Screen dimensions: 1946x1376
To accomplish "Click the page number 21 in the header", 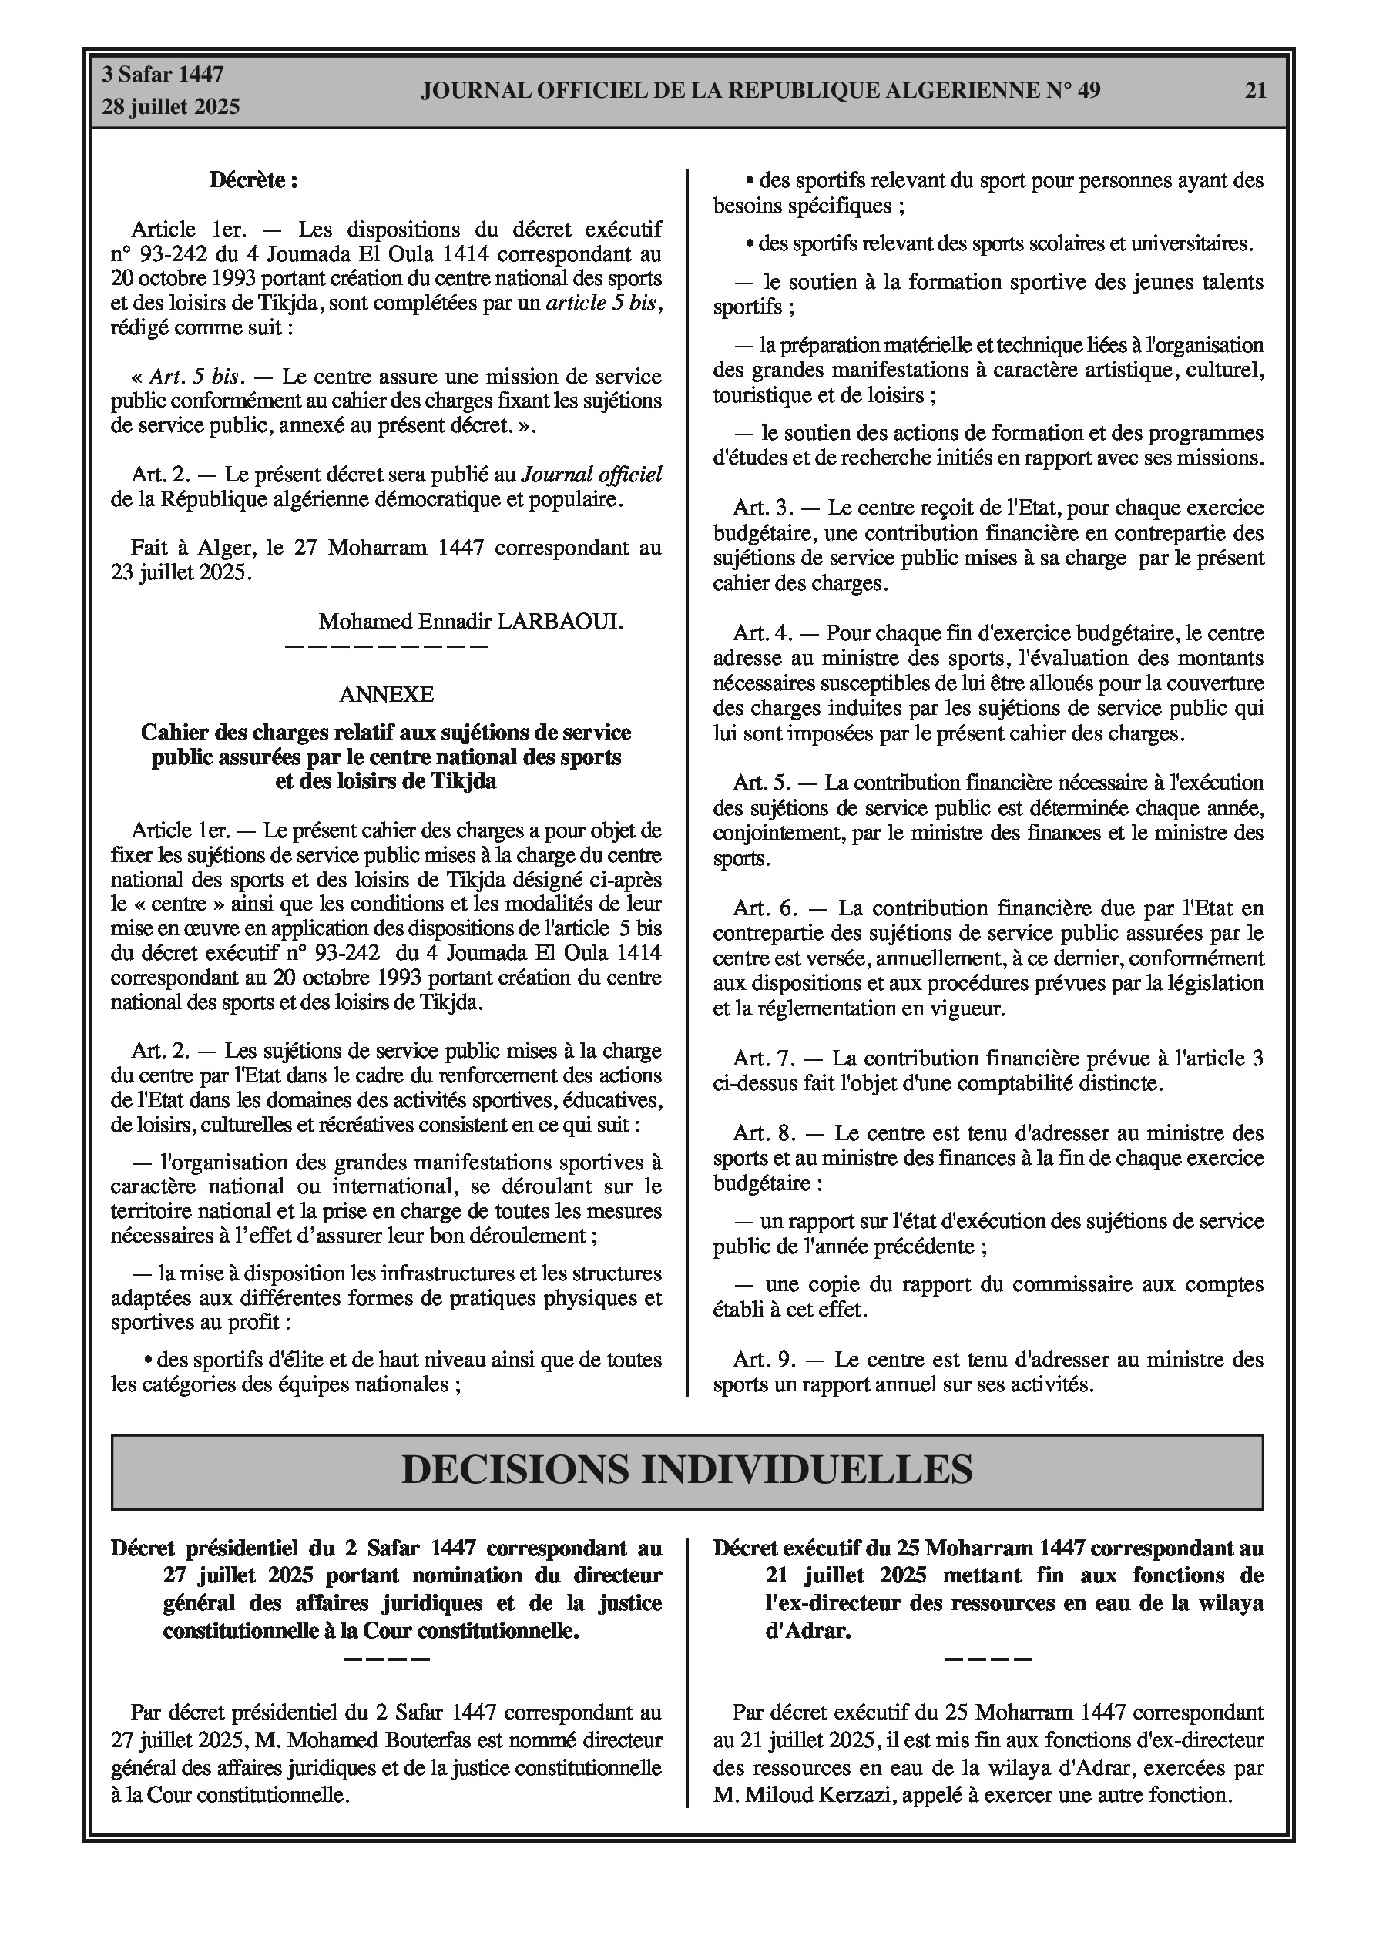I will pyautogui.click(x=1256, y=91).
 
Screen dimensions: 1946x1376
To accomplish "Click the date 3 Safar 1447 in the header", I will pyautogui.click(x=163, y=75).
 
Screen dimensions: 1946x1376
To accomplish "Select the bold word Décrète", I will pyautogui.click(x=253, y=180).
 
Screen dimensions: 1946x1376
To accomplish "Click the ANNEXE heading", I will pyautogui.click(x=386, y=694).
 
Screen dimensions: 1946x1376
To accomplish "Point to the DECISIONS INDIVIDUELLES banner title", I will pyautogui.click(x=686, y=1469).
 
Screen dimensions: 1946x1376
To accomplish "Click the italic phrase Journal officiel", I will pyautogui.click(x=591, y=475).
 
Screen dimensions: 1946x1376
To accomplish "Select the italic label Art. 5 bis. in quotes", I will pyautogui.click(x=197, y=376).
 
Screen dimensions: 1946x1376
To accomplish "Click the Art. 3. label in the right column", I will pyautogui.click(x=763, y=508).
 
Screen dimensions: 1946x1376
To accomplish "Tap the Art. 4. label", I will pyautogui.click(x=762, y=633).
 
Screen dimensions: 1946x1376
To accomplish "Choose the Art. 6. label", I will pyautogui.click(x=766, y=908).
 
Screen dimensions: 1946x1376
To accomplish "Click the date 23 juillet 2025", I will pyautogui.click(x=180, y=572).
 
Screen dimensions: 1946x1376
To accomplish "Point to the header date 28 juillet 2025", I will pyautogui.click(x=171, y=107).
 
